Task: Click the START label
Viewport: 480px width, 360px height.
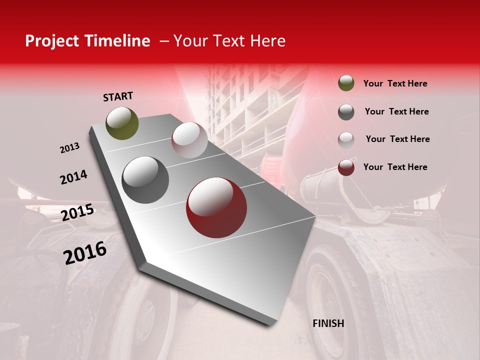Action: click(118, 96)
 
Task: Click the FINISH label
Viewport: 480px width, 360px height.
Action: click(328, 323)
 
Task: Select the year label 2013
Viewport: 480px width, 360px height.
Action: click(69, 148)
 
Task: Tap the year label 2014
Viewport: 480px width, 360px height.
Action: click(73, 177)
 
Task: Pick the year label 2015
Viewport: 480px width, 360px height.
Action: click(77, 212)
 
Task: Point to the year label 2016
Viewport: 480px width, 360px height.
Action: click(85, 252)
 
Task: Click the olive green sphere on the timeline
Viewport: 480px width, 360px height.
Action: click(122, 123)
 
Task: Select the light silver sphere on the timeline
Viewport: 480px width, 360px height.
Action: click(189, 140)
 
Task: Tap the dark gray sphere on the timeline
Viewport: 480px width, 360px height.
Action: click(145, 180)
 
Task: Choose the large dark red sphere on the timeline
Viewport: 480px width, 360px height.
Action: click(217, 207)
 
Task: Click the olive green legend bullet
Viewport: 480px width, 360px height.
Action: click(346, 83)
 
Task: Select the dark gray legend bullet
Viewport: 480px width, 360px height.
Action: click(346, 111)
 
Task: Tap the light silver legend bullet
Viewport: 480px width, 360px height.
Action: click(346, 139)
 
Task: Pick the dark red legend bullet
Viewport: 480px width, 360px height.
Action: click(346, 167)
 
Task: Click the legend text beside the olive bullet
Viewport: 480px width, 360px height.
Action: click(395, 83)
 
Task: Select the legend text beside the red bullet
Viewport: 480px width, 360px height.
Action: click(395, 167)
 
